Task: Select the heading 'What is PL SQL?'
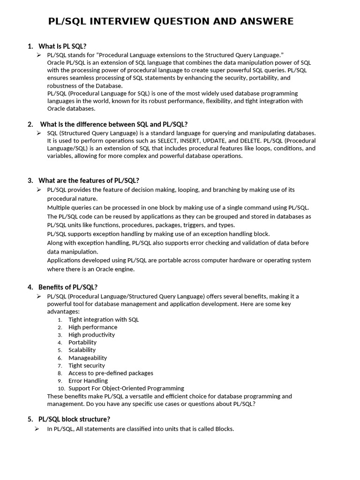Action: pos(62,46)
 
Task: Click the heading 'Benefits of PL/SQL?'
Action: pos(68,287)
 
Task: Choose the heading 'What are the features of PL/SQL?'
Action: pos(89,180)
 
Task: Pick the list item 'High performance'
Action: pos(93,327)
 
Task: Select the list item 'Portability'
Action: pos(82,342)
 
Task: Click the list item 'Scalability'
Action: pos(82,350)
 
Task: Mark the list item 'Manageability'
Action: pos(88,358)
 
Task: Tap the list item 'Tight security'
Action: pos(87,365)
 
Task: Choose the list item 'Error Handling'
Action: pos(88,381)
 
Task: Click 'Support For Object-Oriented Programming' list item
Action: pos(126,388)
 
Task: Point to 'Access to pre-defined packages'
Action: pos(111,373)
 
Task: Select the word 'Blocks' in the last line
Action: pos(223,429)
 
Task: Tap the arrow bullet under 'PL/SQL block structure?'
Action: pos(37,429)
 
